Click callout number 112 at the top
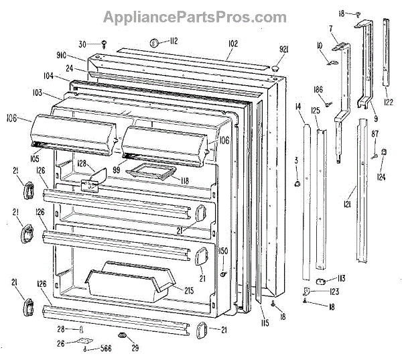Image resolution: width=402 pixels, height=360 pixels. [173, 42]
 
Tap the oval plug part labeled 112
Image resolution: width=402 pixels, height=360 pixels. [153, 42]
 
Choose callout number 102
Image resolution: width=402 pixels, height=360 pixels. [232, 44]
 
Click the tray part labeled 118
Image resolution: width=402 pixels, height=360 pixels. [153, 173]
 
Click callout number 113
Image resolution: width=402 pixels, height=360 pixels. [340, 278]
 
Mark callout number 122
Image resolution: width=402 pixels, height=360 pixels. [388, 102]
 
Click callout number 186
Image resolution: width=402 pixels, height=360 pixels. [318, 89]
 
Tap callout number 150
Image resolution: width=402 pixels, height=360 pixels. [224, 251]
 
